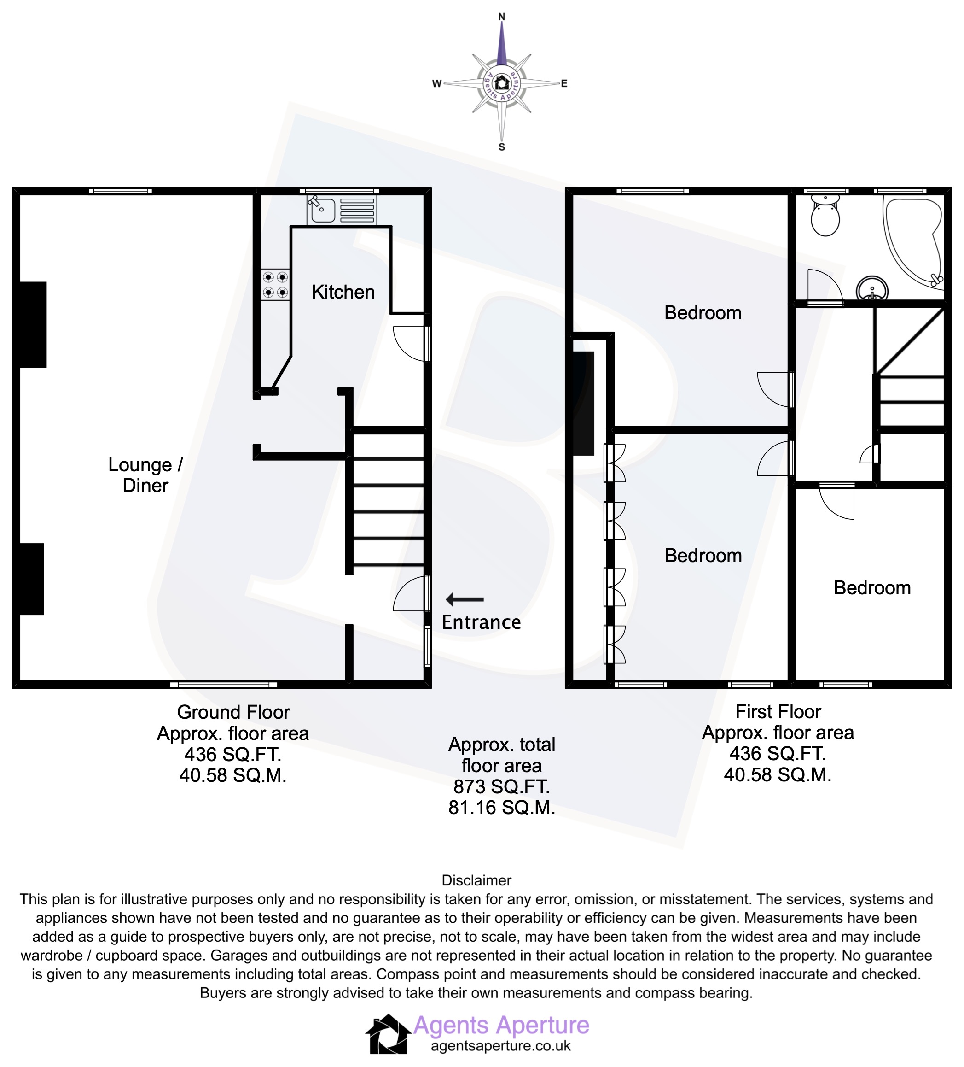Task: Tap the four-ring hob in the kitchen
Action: [275, 285]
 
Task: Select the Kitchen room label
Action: [343, 292]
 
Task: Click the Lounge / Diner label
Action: [145, 475]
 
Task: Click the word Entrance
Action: [481, 622]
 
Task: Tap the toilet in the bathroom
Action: [825, 217]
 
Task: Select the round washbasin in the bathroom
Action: [871, 289]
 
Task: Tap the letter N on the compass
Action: [502, 17]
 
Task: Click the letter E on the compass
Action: [564, 84]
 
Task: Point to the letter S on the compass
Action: [502, 147]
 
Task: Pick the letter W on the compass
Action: [437, 84]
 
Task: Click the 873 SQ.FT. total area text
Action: [501, 787]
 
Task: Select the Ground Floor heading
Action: [233, 712]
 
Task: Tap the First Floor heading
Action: [778, 712]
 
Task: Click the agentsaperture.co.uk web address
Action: [500, 1046]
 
